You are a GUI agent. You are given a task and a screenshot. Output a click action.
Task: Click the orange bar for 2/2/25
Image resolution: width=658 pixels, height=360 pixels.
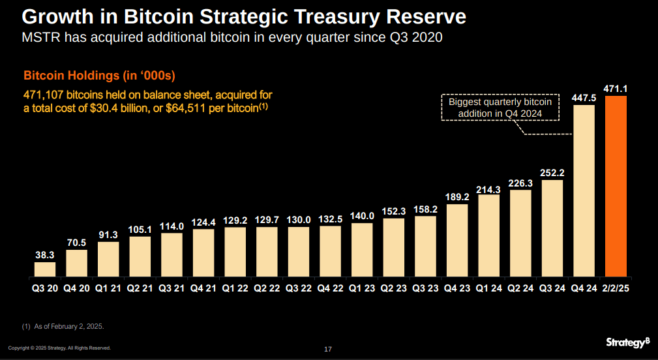616,186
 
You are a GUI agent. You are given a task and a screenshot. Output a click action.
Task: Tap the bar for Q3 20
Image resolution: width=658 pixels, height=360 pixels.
44,269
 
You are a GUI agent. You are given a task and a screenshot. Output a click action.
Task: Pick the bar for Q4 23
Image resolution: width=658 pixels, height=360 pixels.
456,240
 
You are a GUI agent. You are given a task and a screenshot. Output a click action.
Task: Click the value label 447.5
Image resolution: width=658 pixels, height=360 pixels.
584,97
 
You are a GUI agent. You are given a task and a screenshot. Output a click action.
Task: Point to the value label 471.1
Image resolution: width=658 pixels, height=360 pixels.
616,88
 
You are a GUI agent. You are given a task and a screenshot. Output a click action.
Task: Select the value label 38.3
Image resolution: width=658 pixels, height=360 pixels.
44,255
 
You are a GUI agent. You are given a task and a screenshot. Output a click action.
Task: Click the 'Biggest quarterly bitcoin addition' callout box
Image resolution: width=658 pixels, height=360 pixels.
500,108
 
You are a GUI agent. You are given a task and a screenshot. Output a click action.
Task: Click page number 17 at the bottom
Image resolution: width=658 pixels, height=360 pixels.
328,350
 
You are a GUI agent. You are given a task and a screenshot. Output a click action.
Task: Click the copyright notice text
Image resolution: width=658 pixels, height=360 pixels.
59,348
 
